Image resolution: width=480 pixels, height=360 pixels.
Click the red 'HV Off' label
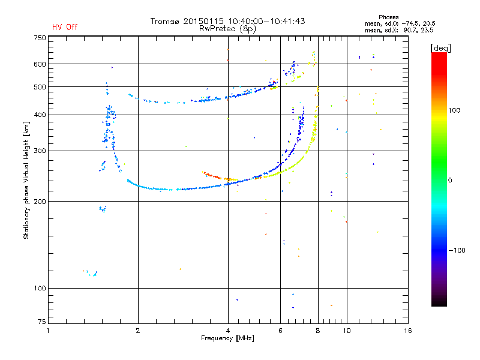[64, 27]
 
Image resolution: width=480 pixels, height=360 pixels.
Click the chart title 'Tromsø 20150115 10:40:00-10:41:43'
[227, 21]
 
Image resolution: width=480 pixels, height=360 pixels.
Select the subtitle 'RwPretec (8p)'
[227, 28]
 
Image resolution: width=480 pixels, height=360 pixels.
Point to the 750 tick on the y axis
[39, 37]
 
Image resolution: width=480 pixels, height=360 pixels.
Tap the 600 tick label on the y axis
[39, 64]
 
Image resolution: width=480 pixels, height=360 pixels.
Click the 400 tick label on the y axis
[39, 115]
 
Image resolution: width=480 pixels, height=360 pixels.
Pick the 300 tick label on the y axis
[39, 151]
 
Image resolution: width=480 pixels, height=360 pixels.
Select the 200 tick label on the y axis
[39, 202]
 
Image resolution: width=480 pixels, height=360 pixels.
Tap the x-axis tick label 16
[407, 331]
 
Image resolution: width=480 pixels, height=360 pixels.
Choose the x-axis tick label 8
[318, 331]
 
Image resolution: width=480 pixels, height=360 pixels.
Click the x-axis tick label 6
[280, 331]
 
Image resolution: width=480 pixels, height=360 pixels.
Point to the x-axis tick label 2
[138, 331]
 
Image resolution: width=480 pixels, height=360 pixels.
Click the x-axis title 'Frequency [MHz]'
[227, 339]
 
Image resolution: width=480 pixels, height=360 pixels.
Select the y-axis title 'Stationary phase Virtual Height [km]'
[26, 180]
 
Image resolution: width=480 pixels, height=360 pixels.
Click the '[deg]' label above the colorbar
[441, 47]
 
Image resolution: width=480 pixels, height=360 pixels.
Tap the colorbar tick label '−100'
[457, 250]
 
